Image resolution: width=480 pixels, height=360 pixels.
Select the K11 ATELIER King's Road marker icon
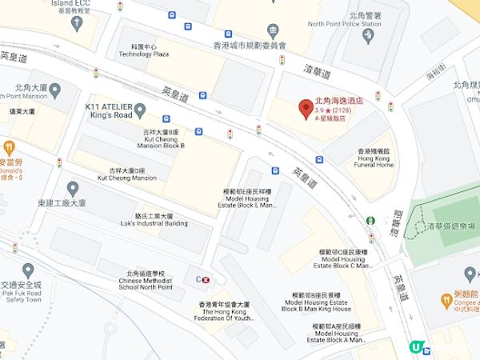click(x=141, y=110)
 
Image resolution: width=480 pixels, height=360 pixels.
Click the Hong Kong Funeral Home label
click(x=374, y=160)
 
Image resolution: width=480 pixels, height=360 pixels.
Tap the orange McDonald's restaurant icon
click(x=9, y=148)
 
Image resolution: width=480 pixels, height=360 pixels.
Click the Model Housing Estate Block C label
click(x=336, y=260)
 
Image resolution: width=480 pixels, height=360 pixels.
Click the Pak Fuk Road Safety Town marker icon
click(x=28, y=270)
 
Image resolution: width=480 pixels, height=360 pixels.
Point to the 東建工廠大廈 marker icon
click(x=72, y=189)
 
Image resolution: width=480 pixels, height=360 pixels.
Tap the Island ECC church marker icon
click(x=78, y=23)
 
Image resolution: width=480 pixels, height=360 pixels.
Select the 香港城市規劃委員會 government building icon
click(x=273, y=31)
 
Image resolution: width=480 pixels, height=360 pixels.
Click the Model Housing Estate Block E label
click(x=250, y=199)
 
